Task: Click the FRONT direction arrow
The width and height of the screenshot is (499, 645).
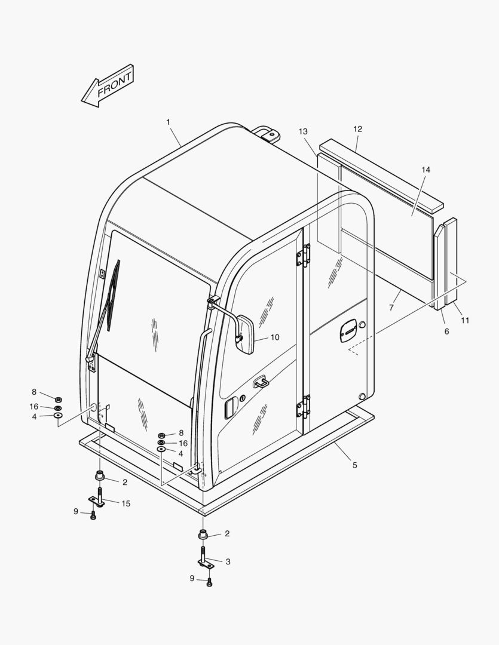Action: (x=108, y=87)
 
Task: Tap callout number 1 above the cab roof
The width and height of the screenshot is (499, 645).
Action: (x=168, y=122)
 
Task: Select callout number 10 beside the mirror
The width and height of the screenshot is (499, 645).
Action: (x=275, y=337)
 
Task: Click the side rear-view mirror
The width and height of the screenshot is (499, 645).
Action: (x=246, y=334)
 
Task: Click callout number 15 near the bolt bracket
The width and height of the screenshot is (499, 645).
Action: (x=126, y=503)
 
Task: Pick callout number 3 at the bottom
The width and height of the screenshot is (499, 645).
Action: (x=228, y=561)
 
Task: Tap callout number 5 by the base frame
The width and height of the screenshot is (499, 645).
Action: (x=355, y=465)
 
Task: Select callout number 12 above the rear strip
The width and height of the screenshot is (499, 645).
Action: (x=357, y=129)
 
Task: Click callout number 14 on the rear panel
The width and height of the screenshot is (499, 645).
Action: (x=425, y=170)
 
